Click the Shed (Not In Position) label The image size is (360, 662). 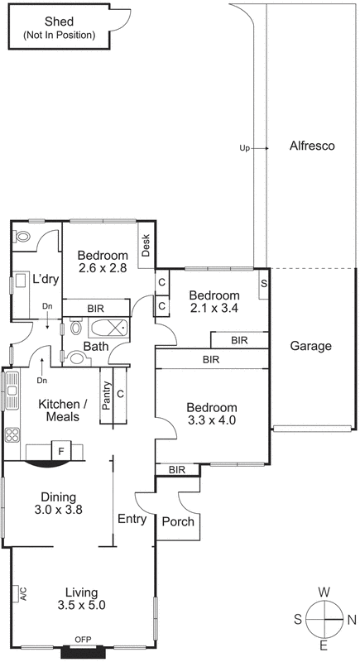click(x=59, y=28)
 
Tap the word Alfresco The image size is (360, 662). click(x=311, y=146)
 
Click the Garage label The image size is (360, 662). click(x=311, y=346)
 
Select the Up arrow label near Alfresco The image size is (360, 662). click(x=244, y=148)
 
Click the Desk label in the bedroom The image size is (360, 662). click(x=146, y=246)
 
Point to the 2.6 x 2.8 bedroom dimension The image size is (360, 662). click(x=103, y=268)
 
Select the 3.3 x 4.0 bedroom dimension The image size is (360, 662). click(x=211, y=420)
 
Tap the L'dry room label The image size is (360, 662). click(x=46, y=279)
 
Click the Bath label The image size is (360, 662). click(x=95, y=346)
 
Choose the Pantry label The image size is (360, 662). click(x=106, y=395)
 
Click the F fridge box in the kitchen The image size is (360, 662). click(x=60, y=451)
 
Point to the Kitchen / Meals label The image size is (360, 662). click(x=63, y=410)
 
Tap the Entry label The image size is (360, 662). click(x=132, y=520)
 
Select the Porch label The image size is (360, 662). click(x=177, y=522)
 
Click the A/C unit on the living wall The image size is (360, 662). click(x=22, y=593)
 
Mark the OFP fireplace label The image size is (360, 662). click(x=83, y=640)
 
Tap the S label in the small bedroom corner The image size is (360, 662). click(x=264, y=283)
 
